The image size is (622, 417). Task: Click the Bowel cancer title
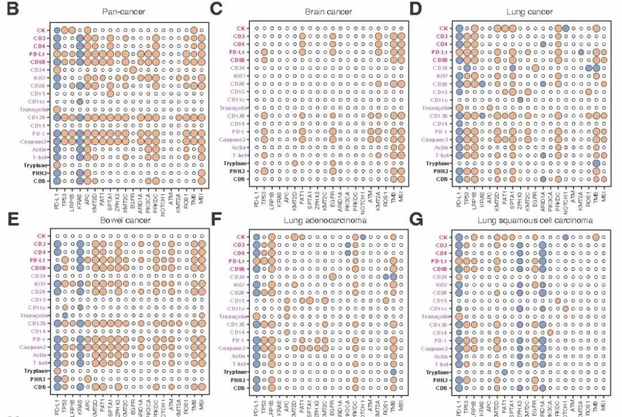point(119,221)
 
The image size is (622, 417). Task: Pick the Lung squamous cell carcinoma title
point(528,221)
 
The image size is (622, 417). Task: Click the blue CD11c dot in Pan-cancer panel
point(79,101)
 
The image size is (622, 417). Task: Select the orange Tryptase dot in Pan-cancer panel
point(57,164)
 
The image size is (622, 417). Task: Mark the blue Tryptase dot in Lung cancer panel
point(596,164)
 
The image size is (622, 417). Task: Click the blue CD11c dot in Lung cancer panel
point(519,101)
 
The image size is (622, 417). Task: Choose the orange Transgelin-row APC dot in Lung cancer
point(490,108)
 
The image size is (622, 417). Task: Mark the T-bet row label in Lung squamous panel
point(441,365)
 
